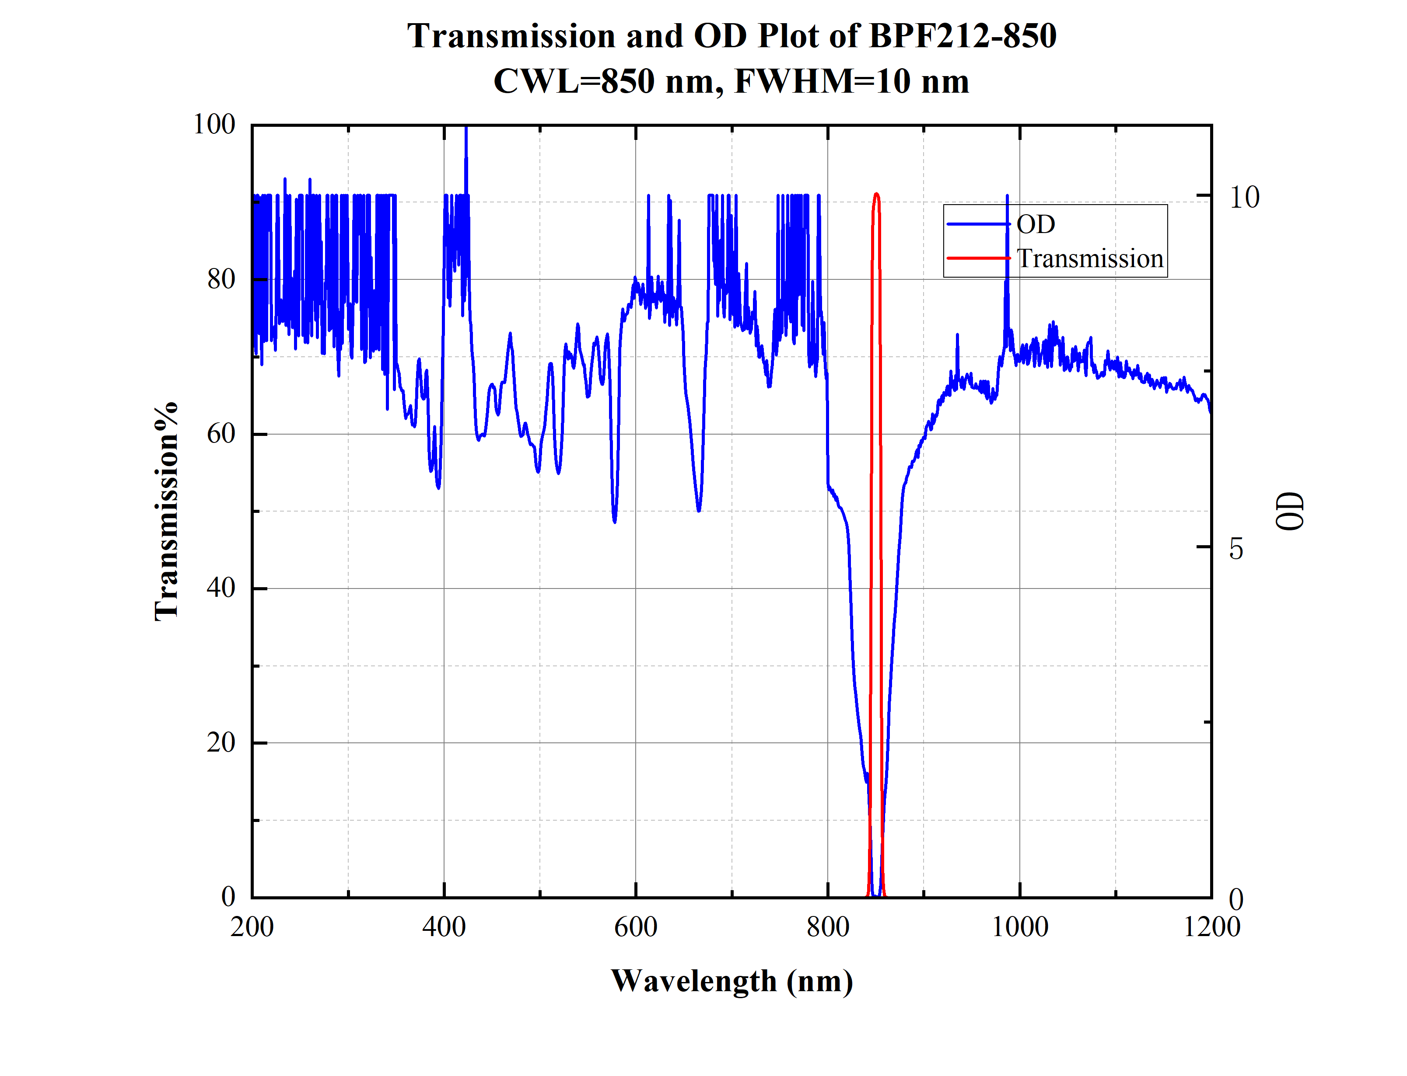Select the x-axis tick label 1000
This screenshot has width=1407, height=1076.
coord(1019,927)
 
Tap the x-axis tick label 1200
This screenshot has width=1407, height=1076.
coord(1211,927)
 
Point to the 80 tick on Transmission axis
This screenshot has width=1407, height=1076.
coord(221,279)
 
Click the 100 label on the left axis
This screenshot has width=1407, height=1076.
coord(214,124)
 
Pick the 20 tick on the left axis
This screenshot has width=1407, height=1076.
coord(221,742)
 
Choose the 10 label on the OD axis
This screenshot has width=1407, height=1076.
coord(1244,197)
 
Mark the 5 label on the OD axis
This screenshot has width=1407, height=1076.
coord(1236,549)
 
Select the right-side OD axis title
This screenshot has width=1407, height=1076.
coord(1289,511)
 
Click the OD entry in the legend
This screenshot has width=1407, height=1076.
coord(1036,224)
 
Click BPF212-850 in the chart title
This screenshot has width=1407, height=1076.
coord(962,36)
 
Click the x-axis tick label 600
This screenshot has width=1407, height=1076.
coord(636,927)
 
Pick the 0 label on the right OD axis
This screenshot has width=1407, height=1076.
coord(1236,900)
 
